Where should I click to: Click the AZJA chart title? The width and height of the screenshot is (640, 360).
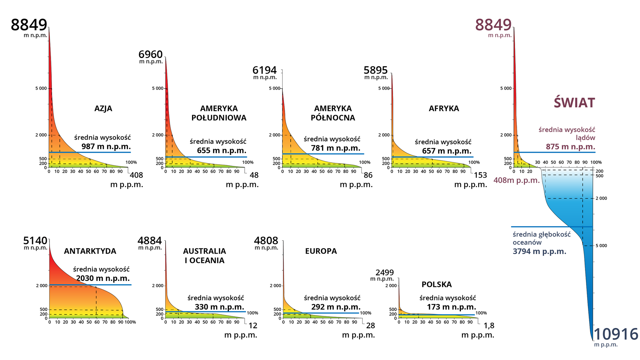103,109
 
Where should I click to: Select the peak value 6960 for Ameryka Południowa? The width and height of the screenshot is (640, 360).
150,54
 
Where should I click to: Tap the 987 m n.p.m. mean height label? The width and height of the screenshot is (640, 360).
106,146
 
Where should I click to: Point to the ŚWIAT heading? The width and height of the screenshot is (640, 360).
574,102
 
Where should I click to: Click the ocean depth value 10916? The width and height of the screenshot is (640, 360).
616,334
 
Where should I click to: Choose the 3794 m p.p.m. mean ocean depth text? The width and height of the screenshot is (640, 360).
539,251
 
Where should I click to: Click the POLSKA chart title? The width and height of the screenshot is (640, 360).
436,284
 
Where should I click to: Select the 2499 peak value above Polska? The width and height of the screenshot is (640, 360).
385,273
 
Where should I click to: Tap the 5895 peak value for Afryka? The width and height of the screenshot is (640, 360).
375,70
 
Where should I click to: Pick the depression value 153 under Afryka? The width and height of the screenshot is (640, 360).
480,175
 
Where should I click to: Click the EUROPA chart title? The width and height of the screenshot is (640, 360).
321,251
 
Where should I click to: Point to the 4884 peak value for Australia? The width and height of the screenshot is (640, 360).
149,241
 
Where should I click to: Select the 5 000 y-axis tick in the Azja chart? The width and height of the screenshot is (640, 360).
41,88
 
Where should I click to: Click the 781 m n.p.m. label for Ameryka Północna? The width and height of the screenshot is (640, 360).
335,148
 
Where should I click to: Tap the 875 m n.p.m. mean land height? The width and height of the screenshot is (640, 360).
570,147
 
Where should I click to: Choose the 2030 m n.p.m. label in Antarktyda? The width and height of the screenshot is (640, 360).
103,278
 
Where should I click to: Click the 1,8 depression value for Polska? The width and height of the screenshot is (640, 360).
489,326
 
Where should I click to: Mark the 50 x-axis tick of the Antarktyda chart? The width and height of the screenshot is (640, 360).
89,322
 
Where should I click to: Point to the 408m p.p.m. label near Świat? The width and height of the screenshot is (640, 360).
516,180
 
